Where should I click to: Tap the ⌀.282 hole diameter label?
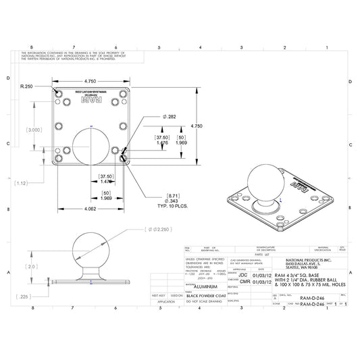(x=170, y=117)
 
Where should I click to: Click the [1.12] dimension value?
(x=22, y=183)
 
